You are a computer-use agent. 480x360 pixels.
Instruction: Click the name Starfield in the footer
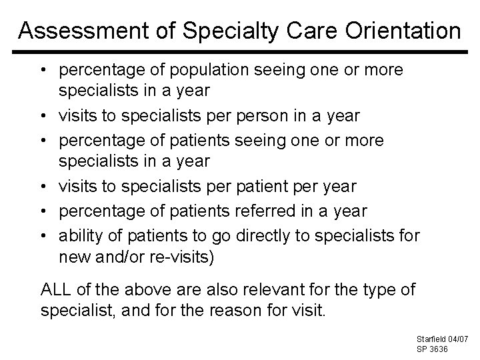pyautogui.click(x=430, y=340)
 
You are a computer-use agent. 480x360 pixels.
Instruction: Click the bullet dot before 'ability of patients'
pyautogui.click(x=46, y=234)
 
